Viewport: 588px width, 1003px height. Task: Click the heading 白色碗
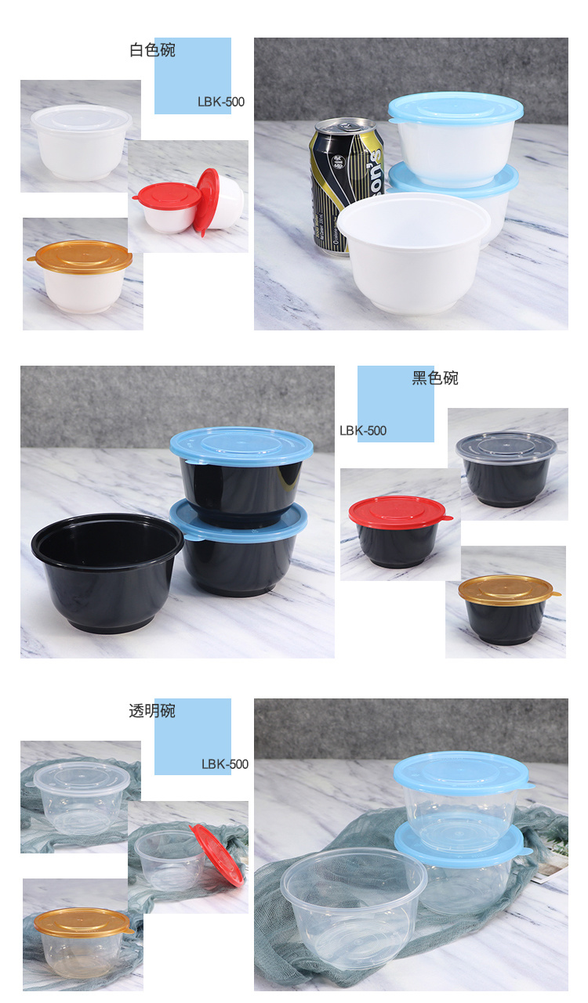[x=152, y=49]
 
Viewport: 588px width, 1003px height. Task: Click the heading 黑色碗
[x=434, y=378]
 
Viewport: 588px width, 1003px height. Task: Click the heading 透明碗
[x=152, y=711]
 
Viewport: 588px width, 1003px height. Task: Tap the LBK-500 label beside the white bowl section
[x=221, y=102]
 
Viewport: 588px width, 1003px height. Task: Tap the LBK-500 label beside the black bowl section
[x=363, y=431]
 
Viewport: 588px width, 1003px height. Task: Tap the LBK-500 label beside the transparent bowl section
[x=225, y=764]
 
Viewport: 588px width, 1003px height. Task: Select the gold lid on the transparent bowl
[x=82, y=922]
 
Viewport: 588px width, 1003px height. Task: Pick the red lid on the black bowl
[x=399, y=512]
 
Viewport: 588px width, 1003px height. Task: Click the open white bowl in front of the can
[x=414, y=252]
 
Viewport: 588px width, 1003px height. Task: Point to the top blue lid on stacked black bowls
[x=241, y=446]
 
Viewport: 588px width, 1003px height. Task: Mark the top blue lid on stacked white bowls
[x=456, y=107]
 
